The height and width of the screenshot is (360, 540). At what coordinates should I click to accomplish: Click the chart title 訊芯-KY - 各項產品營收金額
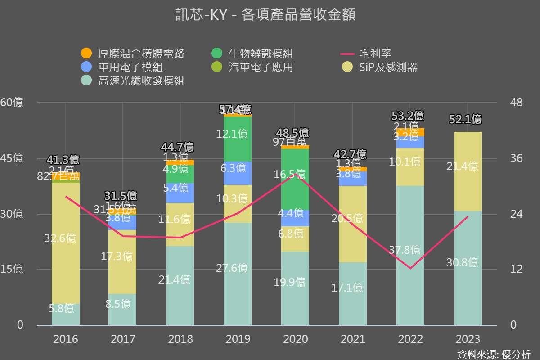click(265, 15)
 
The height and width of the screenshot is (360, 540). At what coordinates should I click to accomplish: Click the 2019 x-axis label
click(238, 339)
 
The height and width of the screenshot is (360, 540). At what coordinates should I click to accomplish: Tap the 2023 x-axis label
click(468, 339)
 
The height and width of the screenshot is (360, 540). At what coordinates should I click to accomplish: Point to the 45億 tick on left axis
click(12, 158)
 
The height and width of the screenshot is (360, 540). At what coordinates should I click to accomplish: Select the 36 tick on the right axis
click(517, 158)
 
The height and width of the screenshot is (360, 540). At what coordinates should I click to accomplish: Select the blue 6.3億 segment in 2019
click(238, 173)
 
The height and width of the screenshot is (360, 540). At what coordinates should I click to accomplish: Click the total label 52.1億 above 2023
click(465, 120)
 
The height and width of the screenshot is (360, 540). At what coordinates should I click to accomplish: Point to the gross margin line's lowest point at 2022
click(410, 269)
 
